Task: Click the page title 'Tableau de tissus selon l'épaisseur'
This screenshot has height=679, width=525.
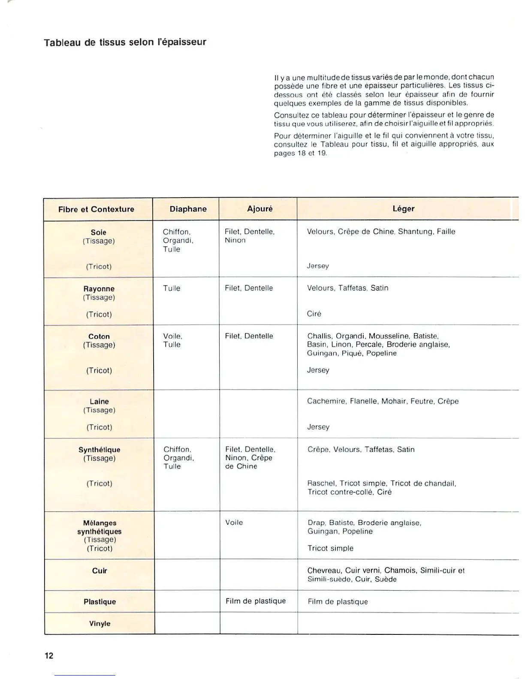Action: [125, 42]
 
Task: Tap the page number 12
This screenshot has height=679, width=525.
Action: [49, 655]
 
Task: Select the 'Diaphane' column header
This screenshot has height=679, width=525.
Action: [188, 209]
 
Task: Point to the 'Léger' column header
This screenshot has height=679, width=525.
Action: [403, 209]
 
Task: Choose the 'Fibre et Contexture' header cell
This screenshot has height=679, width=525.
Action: [96, 209]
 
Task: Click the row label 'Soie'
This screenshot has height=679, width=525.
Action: [99, 232]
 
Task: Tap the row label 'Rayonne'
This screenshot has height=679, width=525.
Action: [99, 289]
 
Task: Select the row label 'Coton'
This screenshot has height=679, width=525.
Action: [99, 336]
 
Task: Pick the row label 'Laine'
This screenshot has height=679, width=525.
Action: [99, 402]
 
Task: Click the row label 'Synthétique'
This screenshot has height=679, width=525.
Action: [99, 450]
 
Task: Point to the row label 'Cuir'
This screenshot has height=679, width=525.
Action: [100, 571]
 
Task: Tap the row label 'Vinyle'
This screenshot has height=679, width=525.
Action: [100, 624]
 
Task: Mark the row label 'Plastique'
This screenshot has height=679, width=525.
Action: [100, 602]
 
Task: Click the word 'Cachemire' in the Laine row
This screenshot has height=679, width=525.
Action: [326, 402]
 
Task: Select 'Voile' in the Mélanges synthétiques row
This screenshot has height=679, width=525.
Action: [234, 523]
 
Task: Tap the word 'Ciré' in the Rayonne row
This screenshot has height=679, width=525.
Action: [314, 314]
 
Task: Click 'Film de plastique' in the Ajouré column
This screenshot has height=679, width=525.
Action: [256, 601]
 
